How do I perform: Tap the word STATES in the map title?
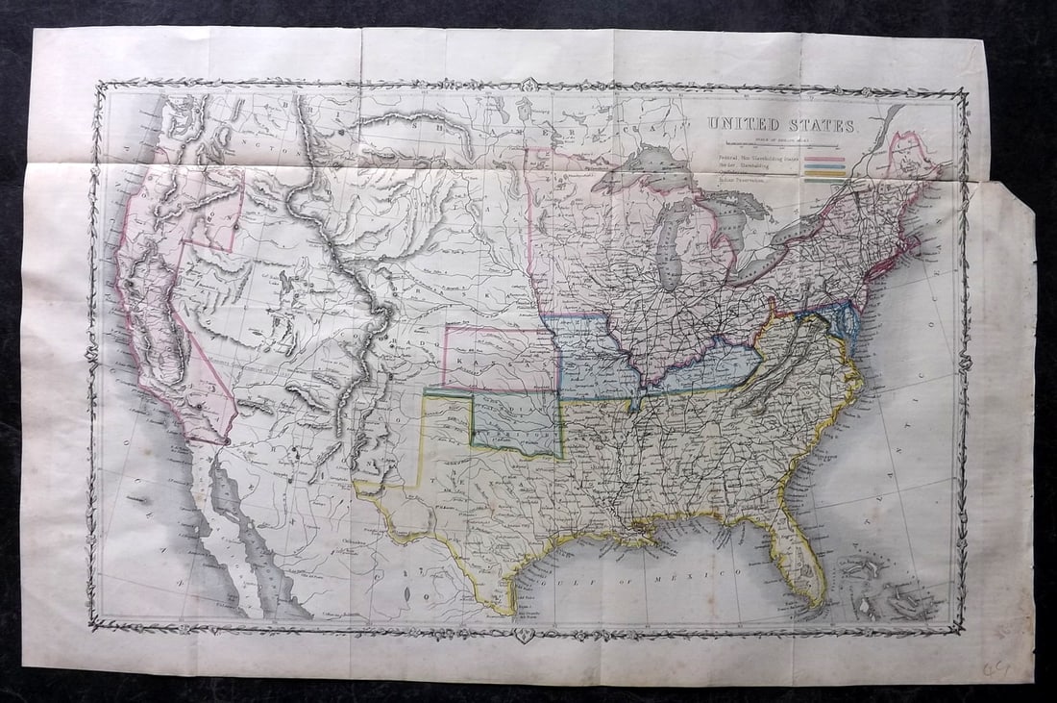pos(820,126)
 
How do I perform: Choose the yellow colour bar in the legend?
pos(824,173)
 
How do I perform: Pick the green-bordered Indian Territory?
pos(514,423)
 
